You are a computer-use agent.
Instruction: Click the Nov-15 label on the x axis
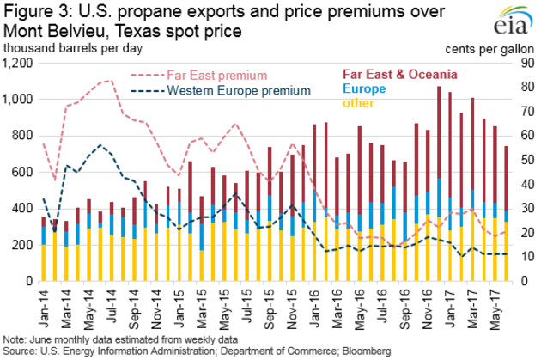(292, 300)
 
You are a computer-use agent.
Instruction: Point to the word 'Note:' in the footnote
(15, 339)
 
